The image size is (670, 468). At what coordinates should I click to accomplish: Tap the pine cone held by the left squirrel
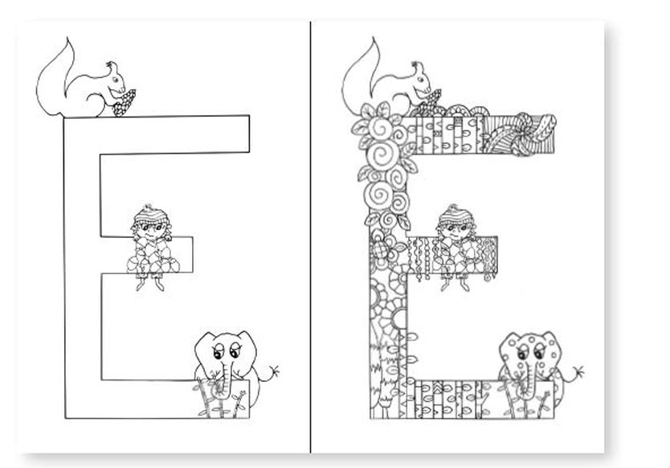point(125,103)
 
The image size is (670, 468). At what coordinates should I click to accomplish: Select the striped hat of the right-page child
point(456,216)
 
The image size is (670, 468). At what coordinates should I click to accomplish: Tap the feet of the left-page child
point(149,283)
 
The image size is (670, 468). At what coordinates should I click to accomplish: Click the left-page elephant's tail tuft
point(272,371)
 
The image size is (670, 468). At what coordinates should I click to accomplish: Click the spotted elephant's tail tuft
point(578,372)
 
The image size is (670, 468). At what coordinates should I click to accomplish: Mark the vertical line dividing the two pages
point(311,236)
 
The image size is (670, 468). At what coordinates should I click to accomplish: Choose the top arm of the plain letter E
point(171,134)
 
